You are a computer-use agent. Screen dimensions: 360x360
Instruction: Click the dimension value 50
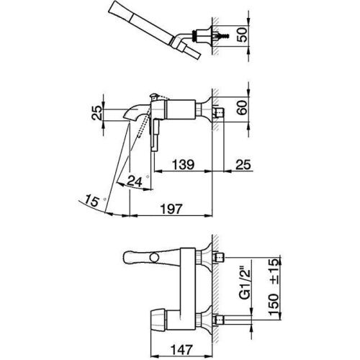pyautogui.click(x=246, y=34)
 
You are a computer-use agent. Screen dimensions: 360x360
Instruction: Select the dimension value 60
pyautogui.click(x=246, y=107)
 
